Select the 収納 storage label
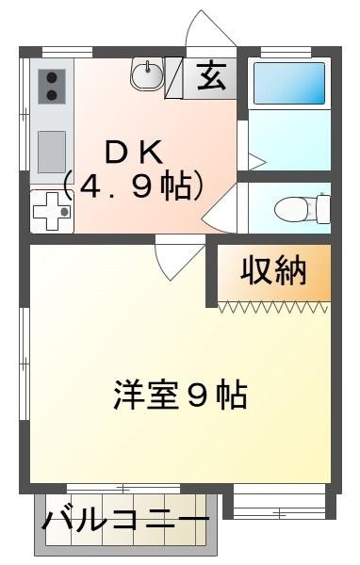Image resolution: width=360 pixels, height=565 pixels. click(x=273, y=270)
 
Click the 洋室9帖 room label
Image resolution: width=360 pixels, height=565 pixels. click(x=181, y=394)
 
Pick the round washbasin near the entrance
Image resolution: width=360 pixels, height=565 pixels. click(x=147, y=73)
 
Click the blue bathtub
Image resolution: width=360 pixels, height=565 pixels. click(x=289, y=84)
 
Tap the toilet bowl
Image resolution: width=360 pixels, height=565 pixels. click(x=294, y=206)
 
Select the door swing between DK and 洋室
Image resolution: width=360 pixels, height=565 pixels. click(x=176, y=260)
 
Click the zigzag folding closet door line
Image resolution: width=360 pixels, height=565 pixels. click(x=274, y=305)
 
